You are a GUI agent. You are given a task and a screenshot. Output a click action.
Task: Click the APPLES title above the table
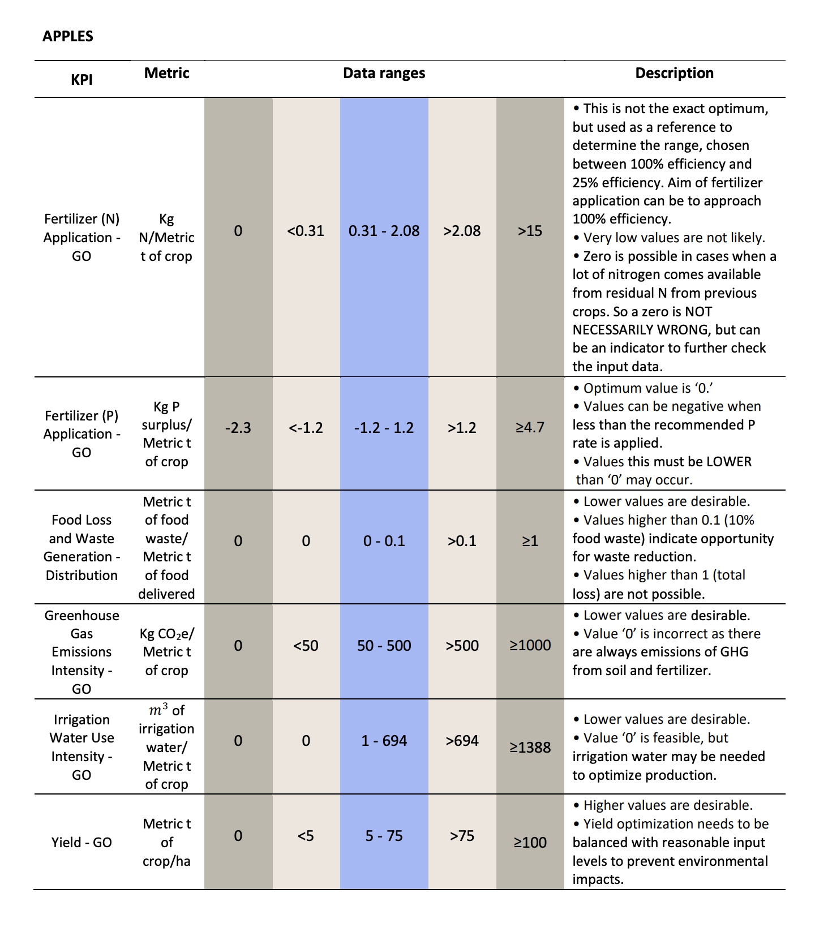tap(68, 36)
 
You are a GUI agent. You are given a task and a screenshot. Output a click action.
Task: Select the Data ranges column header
tap(384, 73)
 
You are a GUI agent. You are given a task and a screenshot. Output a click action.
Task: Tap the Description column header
tap(675, 73)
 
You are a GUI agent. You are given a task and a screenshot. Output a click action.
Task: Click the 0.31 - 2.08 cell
tap(384, 231)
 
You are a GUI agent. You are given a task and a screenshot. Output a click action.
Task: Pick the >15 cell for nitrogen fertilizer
tap(530, 231)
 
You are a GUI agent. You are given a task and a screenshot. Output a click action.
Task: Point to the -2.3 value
tap(238, 428)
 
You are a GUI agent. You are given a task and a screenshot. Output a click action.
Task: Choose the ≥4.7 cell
tap(530, 427)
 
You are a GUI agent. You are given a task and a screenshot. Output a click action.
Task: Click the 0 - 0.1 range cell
tap(384, 541)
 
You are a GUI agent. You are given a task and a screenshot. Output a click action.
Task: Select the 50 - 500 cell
tap(384, 646)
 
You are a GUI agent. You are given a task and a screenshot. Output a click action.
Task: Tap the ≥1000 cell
tap(530, 645)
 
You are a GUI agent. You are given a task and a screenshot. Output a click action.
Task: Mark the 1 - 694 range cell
tap(384, 741)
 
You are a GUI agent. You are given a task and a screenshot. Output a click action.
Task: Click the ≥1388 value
tap(530, 748)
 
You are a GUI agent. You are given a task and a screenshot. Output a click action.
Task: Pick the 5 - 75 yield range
tap(384, 836)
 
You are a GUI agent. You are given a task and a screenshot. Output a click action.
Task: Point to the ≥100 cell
tap(530, 843)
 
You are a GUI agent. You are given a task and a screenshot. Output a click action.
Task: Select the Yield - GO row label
tap(81, 843)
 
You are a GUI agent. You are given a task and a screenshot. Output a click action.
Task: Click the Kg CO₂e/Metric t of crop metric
tap(167, 652)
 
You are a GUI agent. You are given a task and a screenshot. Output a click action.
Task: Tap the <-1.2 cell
tap(306, 428)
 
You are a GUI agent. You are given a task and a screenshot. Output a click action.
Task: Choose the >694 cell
tap(462, 741)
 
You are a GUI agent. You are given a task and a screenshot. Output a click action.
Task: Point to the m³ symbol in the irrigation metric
tap(158, 710)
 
